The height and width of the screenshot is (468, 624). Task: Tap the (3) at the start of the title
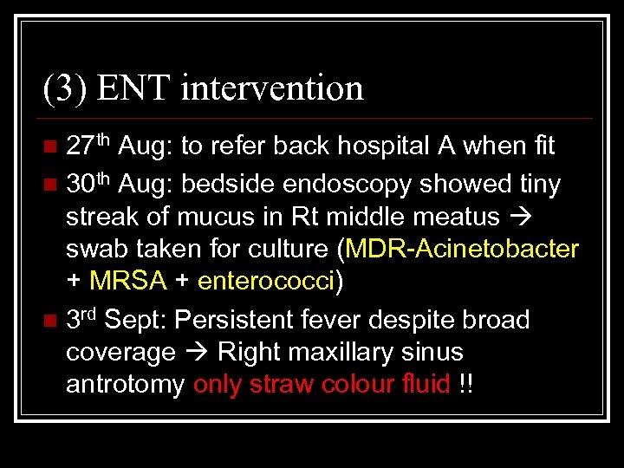pos(65,88)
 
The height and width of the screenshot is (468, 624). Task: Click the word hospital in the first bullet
pos(360,146)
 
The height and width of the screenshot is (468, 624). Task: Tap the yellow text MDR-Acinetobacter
pos(462,250)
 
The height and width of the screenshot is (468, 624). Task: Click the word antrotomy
pos(125,385)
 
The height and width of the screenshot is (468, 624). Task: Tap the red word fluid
pos(426,385)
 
